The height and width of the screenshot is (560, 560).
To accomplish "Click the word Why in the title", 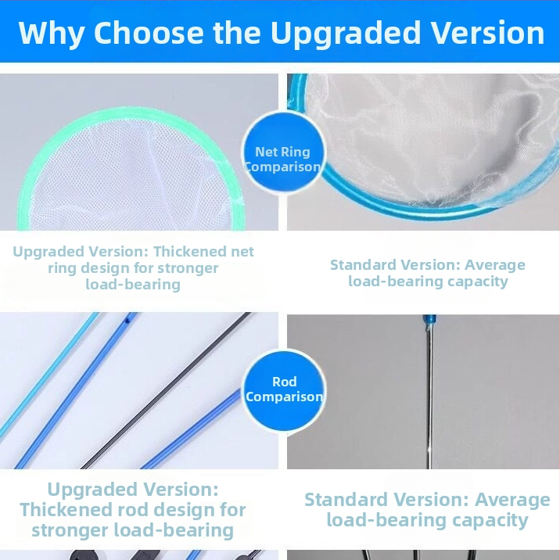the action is [x=52, y=33].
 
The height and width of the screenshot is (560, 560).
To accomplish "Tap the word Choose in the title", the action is [x=149, y=33].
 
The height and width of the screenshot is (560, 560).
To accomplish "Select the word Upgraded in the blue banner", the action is [x=346, y=33].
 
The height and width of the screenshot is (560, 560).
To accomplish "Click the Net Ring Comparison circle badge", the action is [x=284, y=153].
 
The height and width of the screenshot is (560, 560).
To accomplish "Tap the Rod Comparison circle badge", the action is [x=284, y=390].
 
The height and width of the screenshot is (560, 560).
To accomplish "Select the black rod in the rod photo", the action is [x=166, y=391].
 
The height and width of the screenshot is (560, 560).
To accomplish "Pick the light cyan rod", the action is [x=49, y=375].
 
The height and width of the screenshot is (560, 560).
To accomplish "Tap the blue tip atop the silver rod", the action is [x=429, y=320].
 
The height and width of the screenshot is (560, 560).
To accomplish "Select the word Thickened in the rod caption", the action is [x=66, y=510].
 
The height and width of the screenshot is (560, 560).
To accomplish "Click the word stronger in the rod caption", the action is [x=70, y=531].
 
